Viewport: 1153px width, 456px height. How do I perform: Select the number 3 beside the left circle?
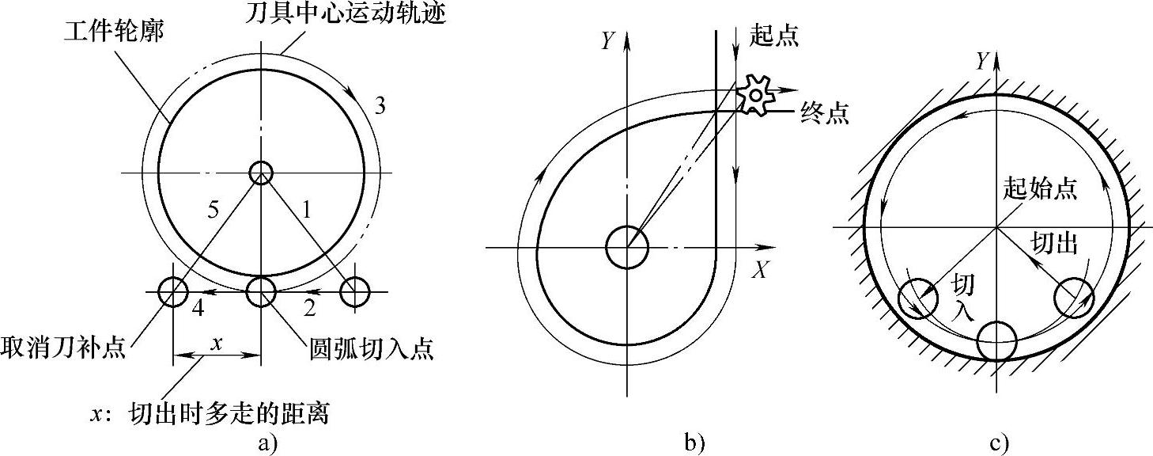[x=380, y=107]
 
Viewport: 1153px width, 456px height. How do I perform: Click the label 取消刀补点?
[x=63, y=349]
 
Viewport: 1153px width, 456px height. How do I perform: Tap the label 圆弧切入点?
[x=370, y=349]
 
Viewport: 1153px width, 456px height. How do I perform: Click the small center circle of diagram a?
[x=260, y=172]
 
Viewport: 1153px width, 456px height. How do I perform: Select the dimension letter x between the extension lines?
[x=215, y=343]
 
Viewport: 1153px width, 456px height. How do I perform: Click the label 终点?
[x=823, y=113]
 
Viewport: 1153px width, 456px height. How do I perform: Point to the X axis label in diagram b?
[x=760, y=271]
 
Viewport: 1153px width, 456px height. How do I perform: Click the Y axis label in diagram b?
[x=607, y=41]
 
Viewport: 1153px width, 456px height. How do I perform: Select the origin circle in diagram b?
[x=626, y=247]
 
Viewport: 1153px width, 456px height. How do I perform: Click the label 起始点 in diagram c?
[x=1039, y=188]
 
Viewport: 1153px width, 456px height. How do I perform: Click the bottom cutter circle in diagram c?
[x=996, y=340]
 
